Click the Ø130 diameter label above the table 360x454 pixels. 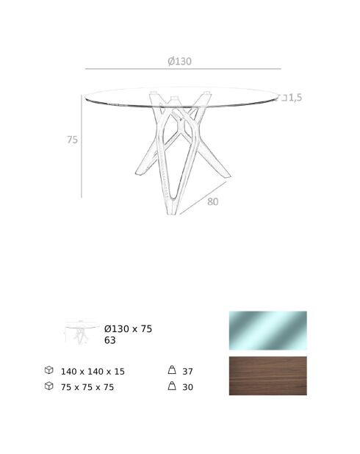179,61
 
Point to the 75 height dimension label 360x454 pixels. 73,140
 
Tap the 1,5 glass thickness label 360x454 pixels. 295,98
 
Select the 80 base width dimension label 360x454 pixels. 212,201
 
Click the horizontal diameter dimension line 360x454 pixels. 183,69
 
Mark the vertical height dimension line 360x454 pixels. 82,146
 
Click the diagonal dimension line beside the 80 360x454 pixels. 203,198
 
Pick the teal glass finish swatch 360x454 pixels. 268,331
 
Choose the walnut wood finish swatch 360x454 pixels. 268,375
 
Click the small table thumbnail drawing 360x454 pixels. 81,332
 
